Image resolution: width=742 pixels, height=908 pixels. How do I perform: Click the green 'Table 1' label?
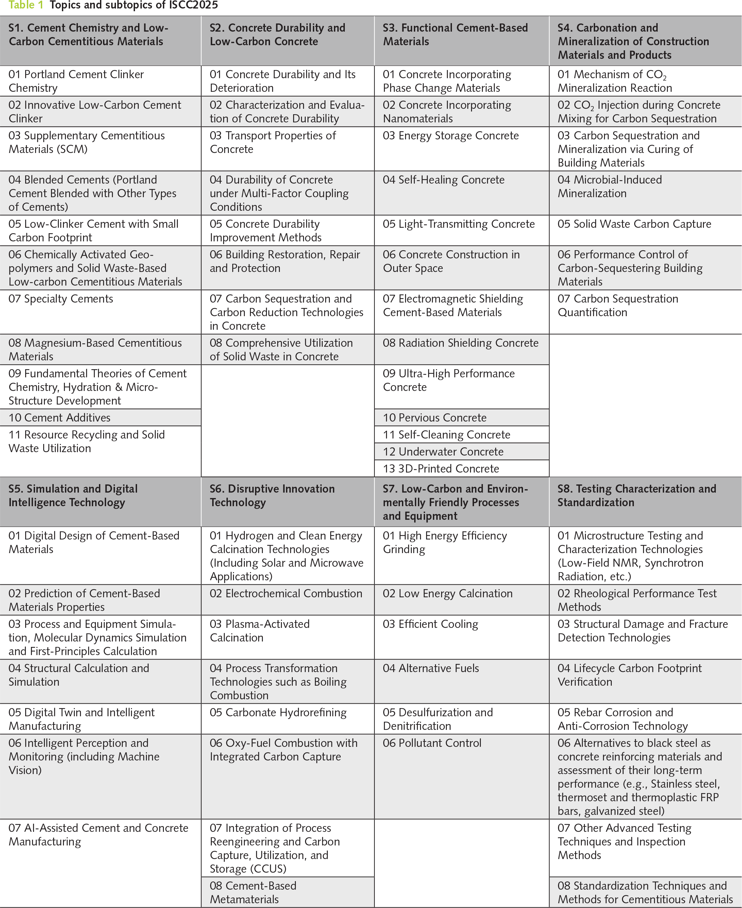pos(26,5)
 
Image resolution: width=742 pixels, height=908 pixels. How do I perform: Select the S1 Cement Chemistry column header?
pos(88,35)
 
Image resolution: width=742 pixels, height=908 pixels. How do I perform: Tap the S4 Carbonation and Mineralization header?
pos(633,41)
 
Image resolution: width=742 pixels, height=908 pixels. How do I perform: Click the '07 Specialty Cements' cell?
pos(61,299)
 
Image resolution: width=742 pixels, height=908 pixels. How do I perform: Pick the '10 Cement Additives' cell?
pos(60,417)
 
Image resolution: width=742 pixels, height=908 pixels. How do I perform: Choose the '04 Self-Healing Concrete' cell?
pos(443,180)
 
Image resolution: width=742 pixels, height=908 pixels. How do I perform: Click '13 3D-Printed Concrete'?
pos(441,469)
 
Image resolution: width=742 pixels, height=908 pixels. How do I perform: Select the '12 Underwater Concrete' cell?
pos(443,452)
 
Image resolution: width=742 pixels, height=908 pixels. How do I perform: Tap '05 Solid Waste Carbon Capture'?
pos(634,224)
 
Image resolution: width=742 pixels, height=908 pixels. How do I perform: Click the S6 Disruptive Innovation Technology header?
pos(272,495)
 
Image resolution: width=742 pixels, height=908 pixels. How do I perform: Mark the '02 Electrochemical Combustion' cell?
pos(286,594)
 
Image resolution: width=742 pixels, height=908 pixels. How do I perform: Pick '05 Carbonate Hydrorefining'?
pos(278,712)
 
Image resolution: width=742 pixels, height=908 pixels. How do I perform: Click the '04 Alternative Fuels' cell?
pos(431,668)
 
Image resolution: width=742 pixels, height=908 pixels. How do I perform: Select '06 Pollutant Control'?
pos(432,743)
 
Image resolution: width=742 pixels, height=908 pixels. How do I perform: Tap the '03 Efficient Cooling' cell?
pos(430,624)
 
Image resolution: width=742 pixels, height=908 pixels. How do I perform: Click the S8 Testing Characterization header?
pos(637,495)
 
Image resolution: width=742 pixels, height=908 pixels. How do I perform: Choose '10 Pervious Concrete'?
pos(434,417)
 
